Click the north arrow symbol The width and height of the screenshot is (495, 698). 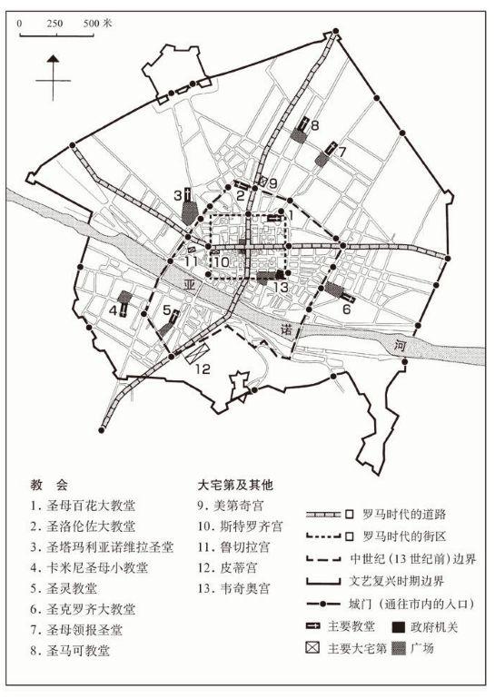(54, 77)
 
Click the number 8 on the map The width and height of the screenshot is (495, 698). (314, 126)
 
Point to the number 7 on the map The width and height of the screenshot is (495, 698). (341, 152)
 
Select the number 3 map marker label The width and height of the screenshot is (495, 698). (178, 194)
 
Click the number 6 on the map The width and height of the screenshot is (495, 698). (346, 309)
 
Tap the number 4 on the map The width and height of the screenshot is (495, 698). (113, 310)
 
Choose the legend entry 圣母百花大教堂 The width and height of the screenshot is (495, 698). (89, 505)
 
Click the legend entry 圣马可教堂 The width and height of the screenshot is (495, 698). (83, 650)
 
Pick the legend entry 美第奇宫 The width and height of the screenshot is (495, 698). (235, 505)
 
